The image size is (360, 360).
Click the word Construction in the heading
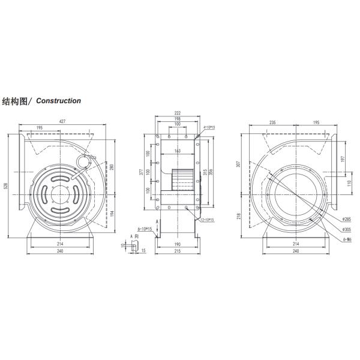click(x=59, y=101)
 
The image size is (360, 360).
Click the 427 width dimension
click(x=63, y=122)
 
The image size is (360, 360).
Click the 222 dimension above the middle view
click(x=178, y=113)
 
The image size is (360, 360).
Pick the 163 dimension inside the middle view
click(x=178, y=152)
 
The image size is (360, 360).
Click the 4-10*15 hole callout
click(x=209, y=128)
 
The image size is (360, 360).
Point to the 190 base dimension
click(x=178, y=245)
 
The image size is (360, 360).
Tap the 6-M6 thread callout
click(x=347, y=238)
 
